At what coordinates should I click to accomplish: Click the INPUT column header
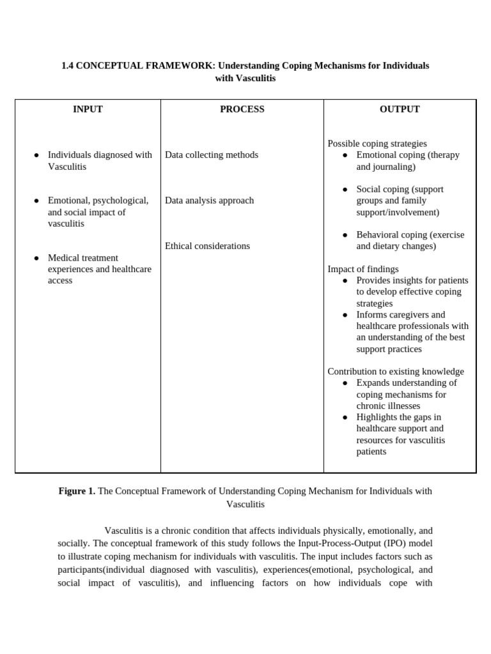[x=88, y=109]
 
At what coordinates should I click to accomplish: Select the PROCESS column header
[x=242, y=109]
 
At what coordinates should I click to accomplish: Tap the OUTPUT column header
[x=400, y=109]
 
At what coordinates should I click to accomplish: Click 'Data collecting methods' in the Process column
[x=212, y=155]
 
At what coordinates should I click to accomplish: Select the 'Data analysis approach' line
[x=209, y=201]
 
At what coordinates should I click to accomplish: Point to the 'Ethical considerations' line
[x=207, y=246]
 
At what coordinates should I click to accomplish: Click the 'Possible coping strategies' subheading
[x=377, y=144]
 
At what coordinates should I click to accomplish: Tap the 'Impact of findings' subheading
[x=362, y=269]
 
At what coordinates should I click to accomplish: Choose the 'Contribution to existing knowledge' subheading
[x=396, y=372]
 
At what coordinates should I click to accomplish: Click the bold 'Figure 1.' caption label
[x=77, y=491]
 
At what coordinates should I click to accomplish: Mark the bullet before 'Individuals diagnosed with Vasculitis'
[x=36, y=155]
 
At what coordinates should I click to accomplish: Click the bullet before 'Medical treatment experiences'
[x=36, y=258]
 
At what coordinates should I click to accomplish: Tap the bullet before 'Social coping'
[x=345, y=190]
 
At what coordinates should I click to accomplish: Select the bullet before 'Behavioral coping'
[x=345, y=235]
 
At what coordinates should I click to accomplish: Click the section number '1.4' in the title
[x=68, y=66]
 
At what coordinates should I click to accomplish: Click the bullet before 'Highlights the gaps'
[x=345, y=418]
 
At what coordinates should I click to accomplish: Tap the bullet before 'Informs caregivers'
[x=345, y=315]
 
